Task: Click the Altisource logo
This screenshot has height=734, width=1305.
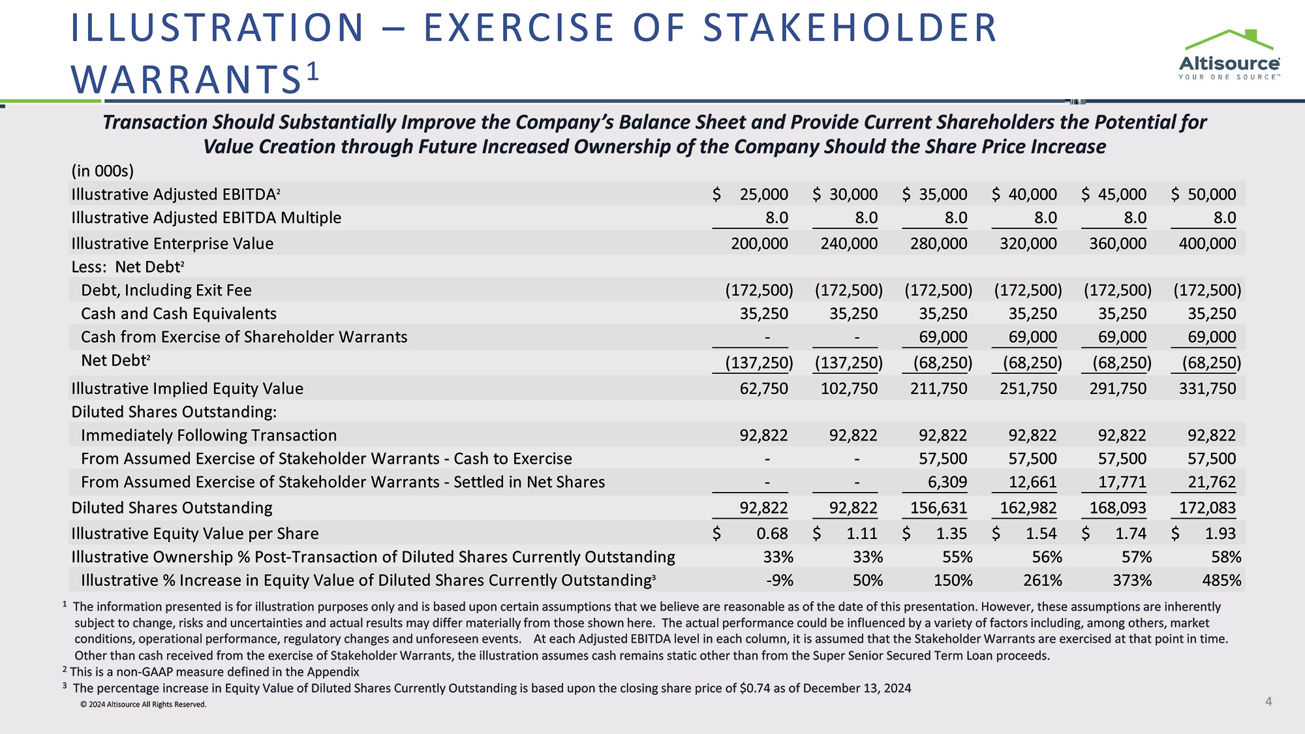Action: coord(1229,55)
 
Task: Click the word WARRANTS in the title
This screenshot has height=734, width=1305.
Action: coord(186,80)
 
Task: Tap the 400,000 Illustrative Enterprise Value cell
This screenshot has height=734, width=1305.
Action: coord(1207,243)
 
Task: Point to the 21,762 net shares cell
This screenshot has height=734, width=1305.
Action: coord(1212,482)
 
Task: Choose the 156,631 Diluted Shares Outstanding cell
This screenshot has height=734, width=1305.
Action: coord(938,508)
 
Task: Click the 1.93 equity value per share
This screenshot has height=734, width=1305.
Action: coord(1220,534)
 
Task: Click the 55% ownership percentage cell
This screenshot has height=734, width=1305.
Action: coord(957,557)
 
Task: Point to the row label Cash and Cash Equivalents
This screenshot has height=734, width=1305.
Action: coord(179,314)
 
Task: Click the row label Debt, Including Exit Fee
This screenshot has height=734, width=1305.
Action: coord(166,290)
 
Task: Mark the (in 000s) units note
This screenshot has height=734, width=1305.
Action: coord(102,171)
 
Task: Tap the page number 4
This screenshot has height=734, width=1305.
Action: coord(1268,701)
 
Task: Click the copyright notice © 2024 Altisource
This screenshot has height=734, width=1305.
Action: coord(144,705)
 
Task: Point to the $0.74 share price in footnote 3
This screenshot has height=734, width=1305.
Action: coord(755,688)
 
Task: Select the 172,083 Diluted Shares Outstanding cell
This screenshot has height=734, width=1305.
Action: coord(1207,508)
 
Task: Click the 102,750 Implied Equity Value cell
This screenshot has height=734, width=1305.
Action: coord(849,389)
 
